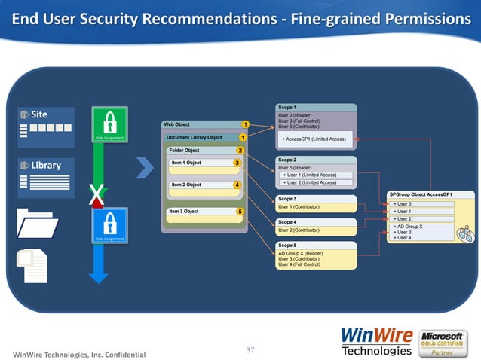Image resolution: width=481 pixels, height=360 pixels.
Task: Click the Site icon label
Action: coord(38,114)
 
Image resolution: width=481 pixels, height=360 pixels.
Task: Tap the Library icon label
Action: coord(45,165)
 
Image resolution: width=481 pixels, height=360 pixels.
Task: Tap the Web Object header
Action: coord(177,124)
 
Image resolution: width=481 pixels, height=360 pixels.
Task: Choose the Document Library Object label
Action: coord(195,137)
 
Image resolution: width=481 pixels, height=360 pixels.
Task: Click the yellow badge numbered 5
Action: coord(240,212)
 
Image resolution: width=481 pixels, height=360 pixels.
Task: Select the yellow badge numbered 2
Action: coord(240,151)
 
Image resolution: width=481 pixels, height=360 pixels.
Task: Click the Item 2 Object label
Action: coord(186,185)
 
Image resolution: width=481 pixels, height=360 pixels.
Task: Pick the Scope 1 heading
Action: coord(287,108)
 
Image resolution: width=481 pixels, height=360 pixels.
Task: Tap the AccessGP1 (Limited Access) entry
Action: coord(314,139)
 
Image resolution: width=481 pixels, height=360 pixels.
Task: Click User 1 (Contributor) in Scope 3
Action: coord(302,206)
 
